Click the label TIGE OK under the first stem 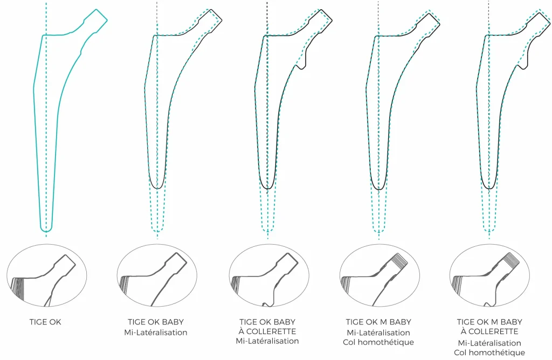pos(45,322)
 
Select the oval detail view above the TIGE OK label pos(46,275)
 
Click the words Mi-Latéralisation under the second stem pos(156,332)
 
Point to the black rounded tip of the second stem pos(157,187)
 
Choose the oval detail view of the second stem pos(157,275)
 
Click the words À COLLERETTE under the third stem pos(267,331)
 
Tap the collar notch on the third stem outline pos(301,66)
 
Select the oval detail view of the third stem pos(269,275)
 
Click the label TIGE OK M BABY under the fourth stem pos(378,322)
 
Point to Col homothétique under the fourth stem pos(378,342)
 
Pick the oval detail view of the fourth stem pos(379,275)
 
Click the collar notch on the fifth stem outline pos(522,66)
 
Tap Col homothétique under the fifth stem pos(489,352)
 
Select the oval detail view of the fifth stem pos(489,275)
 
